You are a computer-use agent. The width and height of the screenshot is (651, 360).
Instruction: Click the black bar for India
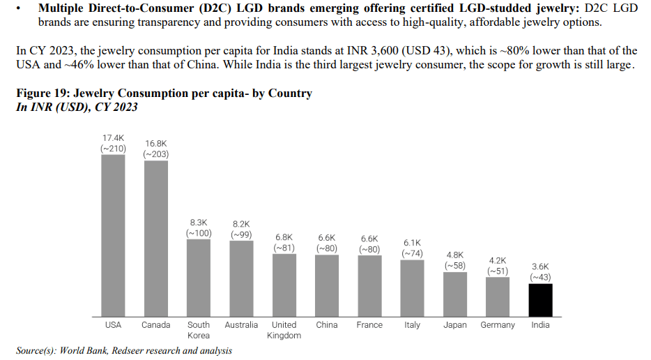click(x=540, y=299)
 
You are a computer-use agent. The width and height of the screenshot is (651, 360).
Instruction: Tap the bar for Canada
click(x=155, y=238)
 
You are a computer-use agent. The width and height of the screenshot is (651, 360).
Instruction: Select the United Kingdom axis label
click(x=284, y=330)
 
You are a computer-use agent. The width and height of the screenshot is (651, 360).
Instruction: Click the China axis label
click(x=327, y=325)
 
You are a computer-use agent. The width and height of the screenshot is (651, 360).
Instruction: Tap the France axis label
click(x=369, y=325)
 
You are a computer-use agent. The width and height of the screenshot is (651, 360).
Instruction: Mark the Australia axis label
click(x=241, y=325)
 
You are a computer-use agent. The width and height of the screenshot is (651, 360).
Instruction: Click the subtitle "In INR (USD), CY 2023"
click(x=77, y=107)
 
